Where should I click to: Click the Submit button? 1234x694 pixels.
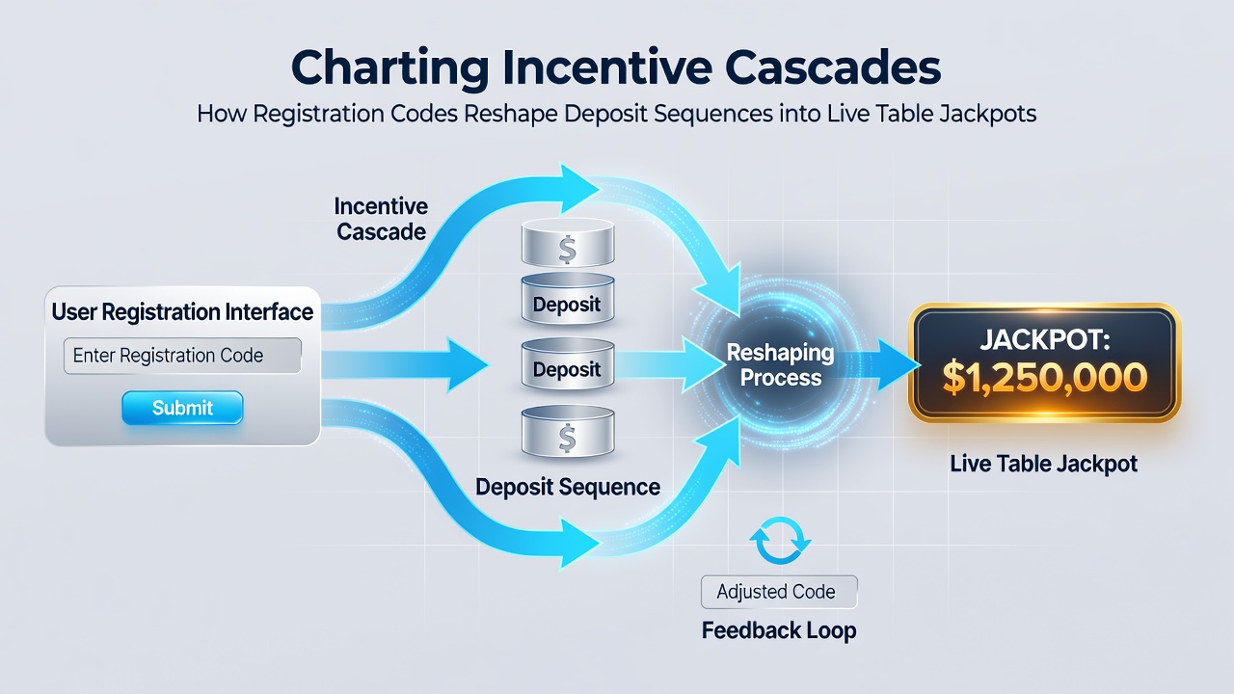coord(182,408)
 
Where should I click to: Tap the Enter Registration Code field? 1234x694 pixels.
coord(182,356)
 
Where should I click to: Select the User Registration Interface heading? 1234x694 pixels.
coord(182,311)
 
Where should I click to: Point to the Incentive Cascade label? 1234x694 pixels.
coord(381,219)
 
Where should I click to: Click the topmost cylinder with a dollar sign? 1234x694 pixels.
coord(568,242)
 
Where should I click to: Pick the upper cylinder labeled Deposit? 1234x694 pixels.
coord(568,299)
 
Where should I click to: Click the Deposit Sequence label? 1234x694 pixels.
coord(568,487)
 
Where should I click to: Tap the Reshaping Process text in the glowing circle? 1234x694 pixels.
coord(781,364)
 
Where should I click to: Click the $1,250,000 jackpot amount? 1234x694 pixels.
coord(1044,379)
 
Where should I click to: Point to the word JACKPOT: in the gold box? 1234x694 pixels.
coord(1044,339)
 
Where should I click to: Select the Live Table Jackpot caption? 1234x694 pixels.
coord(1044,464)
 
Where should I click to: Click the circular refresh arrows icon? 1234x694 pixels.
coord(780,541)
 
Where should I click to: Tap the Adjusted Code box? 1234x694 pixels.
coord(779,592)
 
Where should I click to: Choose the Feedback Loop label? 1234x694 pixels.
coord(779,630)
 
